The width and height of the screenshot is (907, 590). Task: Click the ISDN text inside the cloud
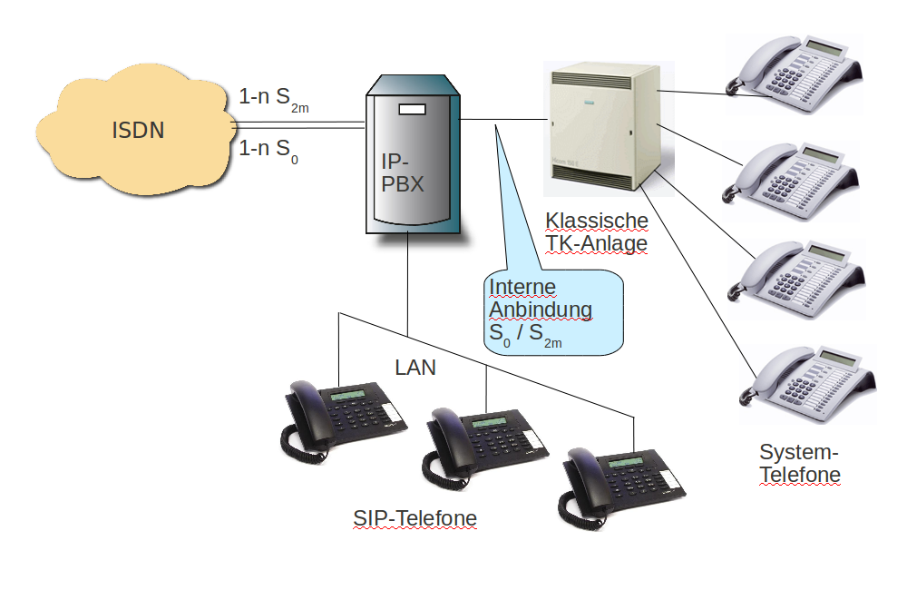(x=138, y=130)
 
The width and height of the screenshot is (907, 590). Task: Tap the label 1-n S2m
(x=273, y=98)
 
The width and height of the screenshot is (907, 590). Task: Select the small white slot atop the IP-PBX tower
(x=411, y=110)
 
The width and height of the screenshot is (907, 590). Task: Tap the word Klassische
(x=597, y=221)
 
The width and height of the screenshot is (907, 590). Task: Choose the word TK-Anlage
(x=596, y=243)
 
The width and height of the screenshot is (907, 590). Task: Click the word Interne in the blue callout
(x=522, y=287)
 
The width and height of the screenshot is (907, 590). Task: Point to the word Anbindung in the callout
(x=541, y=310)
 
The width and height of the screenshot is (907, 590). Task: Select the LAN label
(x=415, y=368)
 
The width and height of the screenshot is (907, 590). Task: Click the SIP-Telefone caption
(x=414, y=518)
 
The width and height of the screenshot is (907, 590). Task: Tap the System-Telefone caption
(x=799, y=463)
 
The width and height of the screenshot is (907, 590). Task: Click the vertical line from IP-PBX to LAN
(x=407, y=281)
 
